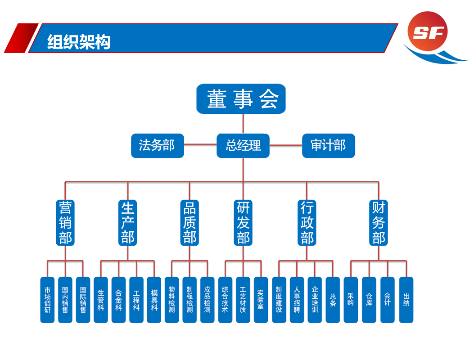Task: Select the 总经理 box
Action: pos(243,145)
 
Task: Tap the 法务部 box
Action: pos(157,145)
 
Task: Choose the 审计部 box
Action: pos(328,145)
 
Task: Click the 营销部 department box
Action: pos(65,222)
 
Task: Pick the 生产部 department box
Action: pos(128,222)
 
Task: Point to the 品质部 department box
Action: pos(190,222)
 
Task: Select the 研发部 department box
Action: pos(243,222)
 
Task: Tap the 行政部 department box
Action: pos(307,222)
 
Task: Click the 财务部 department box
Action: pos(379,222)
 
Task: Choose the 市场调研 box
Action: pos(47,300)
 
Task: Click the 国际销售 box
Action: pos(83,300)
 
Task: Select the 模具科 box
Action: pos(154,300)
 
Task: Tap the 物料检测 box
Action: pos(172,300)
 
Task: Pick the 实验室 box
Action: pos(261,300)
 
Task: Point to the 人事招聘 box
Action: pos(297,300)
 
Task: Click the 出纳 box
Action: pos(406,300)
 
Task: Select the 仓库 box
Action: pos(369,300)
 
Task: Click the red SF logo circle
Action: pos(428,31)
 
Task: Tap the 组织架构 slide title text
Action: pos(79,42)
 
